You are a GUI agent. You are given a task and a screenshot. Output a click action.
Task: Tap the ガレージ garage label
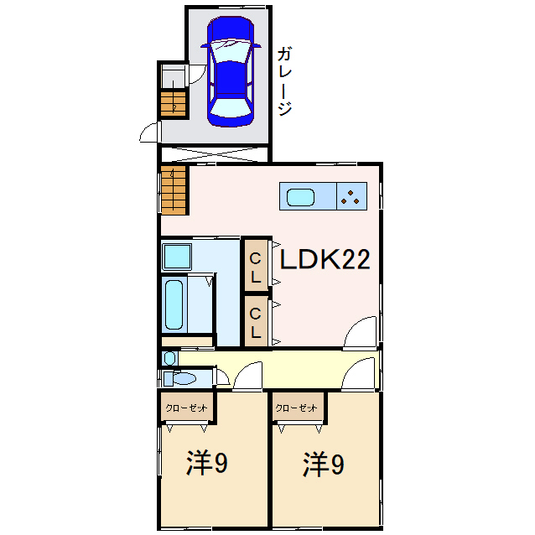tap(284, 82)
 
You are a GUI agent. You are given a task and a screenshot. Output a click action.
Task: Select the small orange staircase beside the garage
tap(174, 104)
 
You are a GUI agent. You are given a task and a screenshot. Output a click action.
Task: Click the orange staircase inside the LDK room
tap(174, 191)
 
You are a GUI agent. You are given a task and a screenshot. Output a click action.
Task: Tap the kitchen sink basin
tap(300, 198)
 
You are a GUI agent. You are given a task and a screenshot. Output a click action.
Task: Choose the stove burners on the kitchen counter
tap(351, 198)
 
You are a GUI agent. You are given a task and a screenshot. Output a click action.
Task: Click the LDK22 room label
tap(325, 260)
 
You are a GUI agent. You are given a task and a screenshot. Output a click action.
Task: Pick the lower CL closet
tap(255, 322)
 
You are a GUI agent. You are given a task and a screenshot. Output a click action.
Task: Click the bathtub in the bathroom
tap(174, 304)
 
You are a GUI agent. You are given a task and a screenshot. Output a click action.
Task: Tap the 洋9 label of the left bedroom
tap(207, 465)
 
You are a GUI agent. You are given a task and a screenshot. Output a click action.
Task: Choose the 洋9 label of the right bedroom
tap(324, 465)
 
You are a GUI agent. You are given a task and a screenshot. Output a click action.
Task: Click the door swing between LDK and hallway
tap(362, 334)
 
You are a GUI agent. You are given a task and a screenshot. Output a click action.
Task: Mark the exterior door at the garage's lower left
tap(151, 132)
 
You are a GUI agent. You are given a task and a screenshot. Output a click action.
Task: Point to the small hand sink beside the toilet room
tap(170, 358)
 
